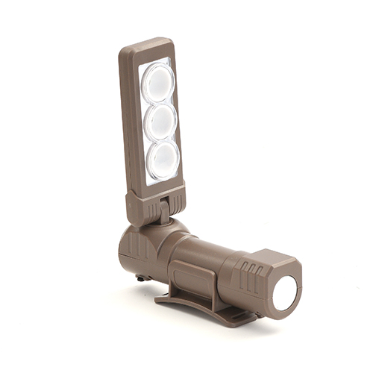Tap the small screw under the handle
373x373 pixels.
(140, 277)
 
